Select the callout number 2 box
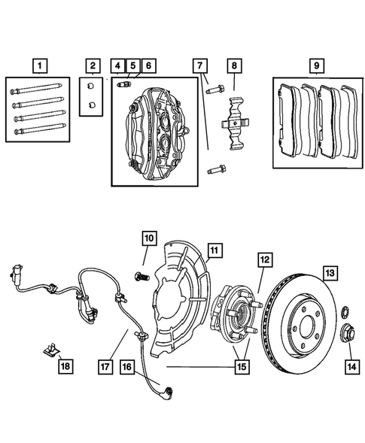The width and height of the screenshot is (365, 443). click(x=92, y=65)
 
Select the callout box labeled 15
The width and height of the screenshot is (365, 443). click(x=242, y=366)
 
